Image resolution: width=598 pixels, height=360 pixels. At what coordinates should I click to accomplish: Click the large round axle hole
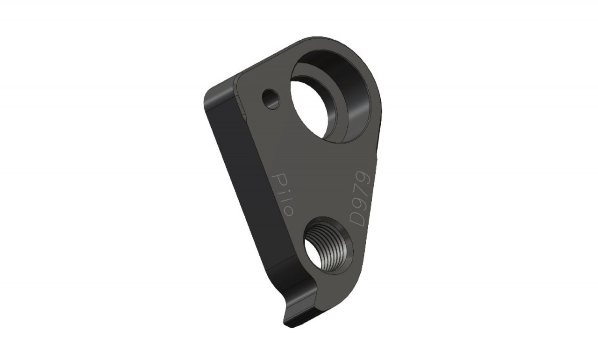(x=331, y=97)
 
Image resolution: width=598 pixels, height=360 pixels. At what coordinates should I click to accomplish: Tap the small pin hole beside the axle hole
(x=271, y=99)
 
